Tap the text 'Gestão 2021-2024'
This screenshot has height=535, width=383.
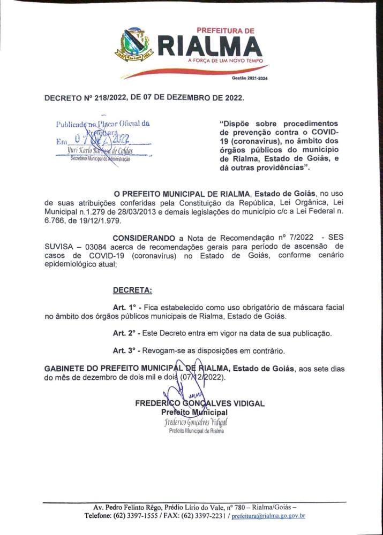(x=249, y=78)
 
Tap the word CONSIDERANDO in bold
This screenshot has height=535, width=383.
(x=144, y=237)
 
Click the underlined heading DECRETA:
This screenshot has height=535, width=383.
(x=132, y=291)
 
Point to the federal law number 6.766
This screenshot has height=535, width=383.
(x=55, y=220)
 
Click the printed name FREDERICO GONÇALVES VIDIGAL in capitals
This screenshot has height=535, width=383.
(x=200, y=403)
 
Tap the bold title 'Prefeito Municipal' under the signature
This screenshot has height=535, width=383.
(x=194, y=412)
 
